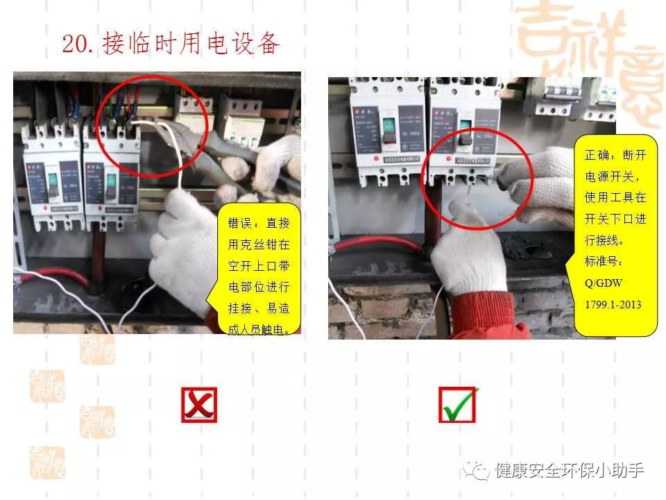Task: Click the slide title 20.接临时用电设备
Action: tap(171, 44)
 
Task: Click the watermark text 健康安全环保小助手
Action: tap(570, 470)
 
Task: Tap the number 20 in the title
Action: tap(74, 44)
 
